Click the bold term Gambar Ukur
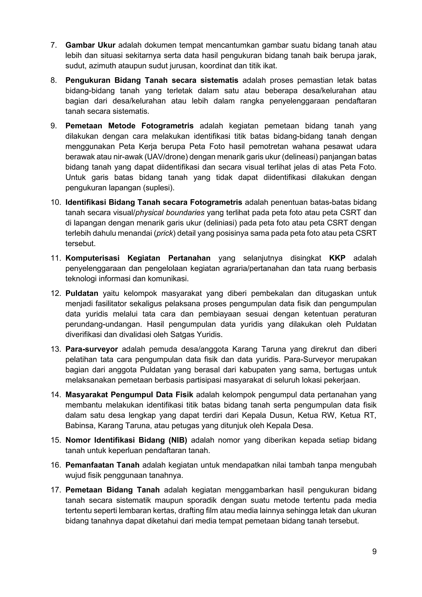(90, 45)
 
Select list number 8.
(54, 80)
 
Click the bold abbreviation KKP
(337, 258)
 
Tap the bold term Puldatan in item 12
(82, 293)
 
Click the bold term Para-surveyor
(91, 349)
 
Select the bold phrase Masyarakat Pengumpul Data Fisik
(129, 395)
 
